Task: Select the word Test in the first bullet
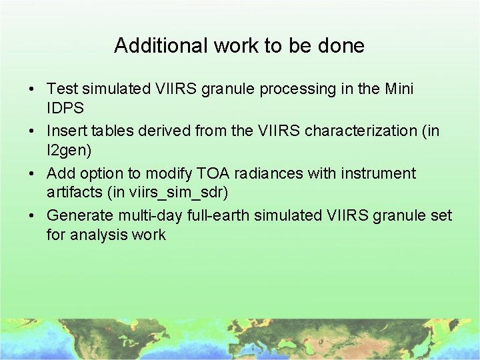[x=63, y=89]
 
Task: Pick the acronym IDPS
[x=65, y=108]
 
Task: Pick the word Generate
[x=77, y=216]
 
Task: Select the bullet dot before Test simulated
[x=32, y=89]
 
